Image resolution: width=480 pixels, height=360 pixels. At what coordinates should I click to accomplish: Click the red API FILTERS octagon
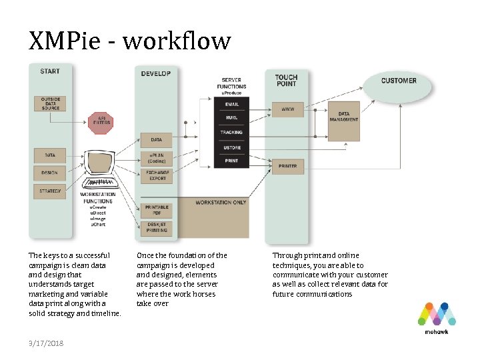(101, 122)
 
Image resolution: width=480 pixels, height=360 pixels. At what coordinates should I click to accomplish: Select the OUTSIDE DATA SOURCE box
(50, 104)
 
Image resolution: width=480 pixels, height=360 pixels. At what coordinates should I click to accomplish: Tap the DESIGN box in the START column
(50, 173)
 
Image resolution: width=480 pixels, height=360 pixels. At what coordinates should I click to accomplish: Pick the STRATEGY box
(50, 191)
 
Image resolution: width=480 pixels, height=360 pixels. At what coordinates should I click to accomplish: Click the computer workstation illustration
(99, 170)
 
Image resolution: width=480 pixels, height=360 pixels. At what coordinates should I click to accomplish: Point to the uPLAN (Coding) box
(156, 159)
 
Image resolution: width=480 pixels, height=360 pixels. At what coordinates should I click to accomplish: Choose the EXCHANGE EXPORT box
(156, 177)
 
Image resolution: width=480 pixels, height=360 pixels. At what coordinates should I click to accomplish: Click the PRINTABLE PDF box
(157, 210)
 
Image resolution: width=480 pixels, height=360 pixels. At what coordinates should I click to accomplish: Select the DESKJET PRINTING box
(157, 228)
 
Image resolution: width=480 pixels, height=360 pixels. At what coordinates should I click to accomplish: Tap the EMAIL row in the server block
(231, 105)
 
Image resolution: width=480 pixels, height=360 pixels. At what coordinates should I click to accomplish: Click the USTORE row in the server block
(231, 147)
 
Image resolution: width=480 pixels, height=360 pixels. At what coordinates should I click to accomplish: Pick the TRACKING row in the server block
(231, 133)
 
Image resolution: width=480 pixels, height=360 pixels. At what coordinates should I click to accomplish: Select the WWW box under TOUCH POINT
(288, 109)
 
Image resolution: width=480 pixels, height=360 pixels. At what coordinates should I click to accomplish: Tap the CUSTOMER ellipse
(398, 83)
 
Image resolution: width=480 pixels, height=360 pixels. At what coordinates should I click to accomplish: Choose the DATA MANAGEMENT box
(344, 117)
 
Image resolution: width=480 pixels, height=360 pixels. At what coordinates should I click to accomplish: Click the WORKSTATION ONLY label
(221, 202)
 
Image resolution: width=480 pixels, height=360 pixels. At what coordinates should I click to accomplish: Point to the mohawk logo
(436, 317)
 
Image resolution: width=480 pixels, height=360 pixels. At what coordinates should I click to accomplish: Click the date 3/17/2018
(46, 343)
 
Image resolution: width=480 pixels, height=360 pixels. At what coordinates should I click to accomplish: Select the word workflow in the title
(177, 41)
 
